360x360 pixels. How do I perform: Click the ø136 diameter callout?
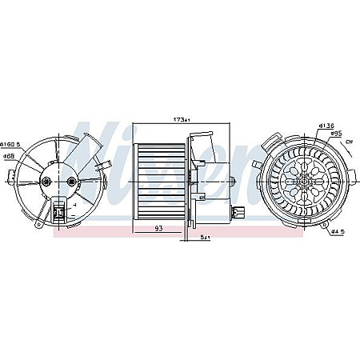pyautogui.click(x=325, y=126)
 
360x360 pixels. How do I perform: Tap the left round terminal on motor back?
pyautogui.click(x=49, y=182)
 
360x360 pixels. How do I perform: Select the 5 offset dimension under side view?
pyautogui.click(x=205, y=238)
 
